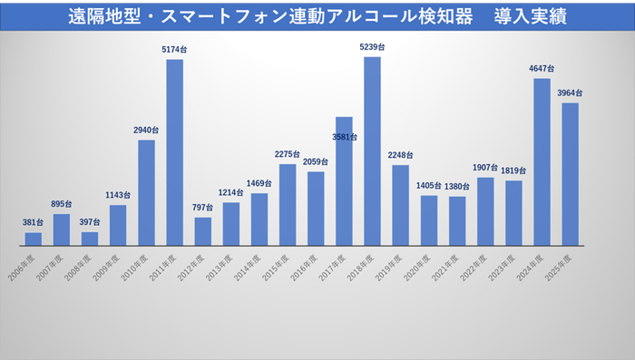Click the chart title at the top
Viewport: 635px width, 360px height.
tap(317, 17)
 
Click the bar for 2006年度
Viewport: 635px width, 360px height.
tap(33, 238)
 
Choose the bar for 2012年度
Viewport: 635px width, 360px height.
tap(202, 231)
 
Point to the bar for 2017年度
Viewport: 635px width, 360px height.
tap(344, 181)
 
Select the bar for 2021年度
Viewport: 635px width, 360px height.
tap(457, 220)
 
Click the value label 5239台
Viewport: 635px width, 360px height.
tap(372, 47)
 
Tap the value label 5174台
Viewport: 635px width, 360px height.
tap(174, 50)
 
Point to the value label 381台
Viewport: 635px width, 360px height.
tap(33, 223)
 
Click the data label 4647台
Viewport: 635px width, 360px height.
tap(542, 69)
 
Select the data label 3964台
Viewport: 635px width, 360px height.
tap(570, 92)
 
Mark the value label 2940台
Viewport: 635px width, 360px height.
tap(146, 130)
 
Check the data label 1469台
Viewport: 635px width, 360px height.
tap(259, 184)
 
